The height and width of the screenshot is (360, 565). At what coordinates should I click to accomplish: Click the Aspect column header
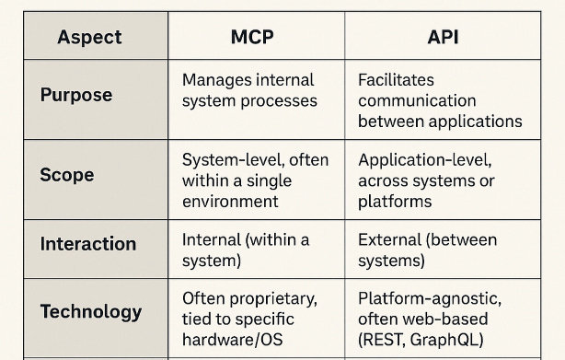pos(90,38)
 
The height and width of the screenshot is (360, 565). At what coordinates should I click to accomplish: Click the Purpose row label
pos(76,96)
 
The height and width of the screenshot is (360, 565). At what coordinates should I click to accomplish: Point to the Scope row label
pos(67,175)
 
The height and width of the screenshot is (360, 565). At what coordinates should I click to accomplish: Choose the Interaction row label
pos(88,244)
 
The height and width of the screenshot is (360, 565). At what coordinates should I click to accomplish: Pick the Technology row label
pos(91,311)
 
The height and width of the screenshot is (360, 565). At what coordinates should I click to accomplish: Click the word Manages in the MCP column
pos(215,79)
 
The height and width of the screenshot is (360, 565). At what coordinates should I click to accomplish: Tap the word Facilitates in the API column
pos(396,79)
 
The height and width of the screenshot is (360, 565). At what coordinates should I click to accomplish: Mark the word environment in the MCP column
pos(229,201)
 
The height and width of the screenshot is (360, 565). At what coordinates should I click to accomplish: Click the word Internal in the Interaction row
pos(211,240)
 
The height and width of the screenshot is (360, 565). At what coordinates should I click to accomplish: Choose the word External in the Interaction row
pos(389,240)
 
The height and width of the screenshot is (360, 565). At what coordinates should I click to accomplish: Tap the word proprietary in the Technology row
pos(270,298)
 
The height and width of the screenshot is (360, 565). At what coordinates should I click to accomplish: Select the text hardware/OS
pos(233,340)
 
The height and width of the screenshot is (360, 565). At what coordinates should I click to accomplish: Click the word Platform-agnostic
pos(429,298)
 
